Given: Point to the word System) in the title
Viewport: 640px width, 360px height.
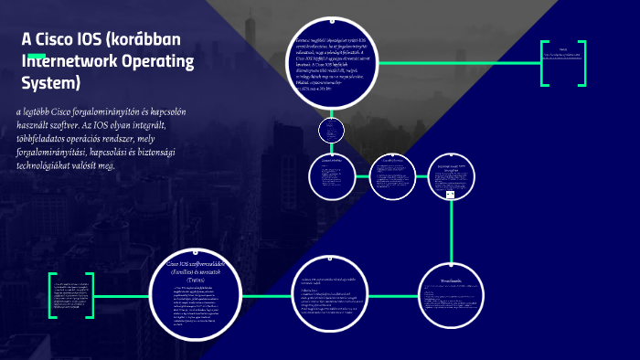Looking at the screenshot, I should [x=51, y=84].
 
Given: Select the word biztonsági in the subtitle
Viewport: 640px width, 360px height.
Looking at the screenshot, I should [x=180, y=153].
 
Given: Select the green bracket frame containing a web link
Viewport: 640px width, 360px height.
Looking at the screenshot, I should [x=562, y=63].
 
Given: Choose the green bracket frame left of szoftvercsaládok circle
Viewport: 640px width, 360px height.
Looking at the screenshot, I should [x=71, y=296].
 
